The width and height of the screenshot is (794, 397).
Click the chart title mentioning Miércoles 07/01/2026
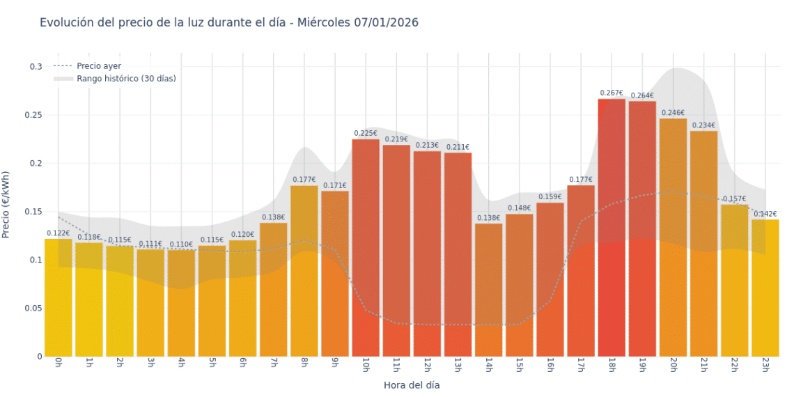[x=228, y=22]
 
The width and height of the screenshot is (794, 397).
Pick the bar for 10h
[x=366, y=248]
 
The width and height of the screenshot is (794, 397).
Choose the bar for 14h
[x=488, y=290]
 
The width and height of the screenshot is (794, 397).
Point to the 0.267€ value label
[x=612, y=93]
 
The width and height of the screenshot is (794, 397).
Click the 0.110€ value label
[x=181, y=244]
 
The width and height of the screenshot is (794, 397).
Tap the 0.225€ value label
[x=366, y=133]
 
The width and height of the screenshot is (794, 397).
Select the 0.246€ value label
[x=673, y=113]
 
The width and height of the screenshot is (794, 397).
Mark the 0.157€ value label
[x=734, y=198]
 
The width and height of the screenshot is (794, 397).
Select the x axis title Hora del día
[x=411, y=384]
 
